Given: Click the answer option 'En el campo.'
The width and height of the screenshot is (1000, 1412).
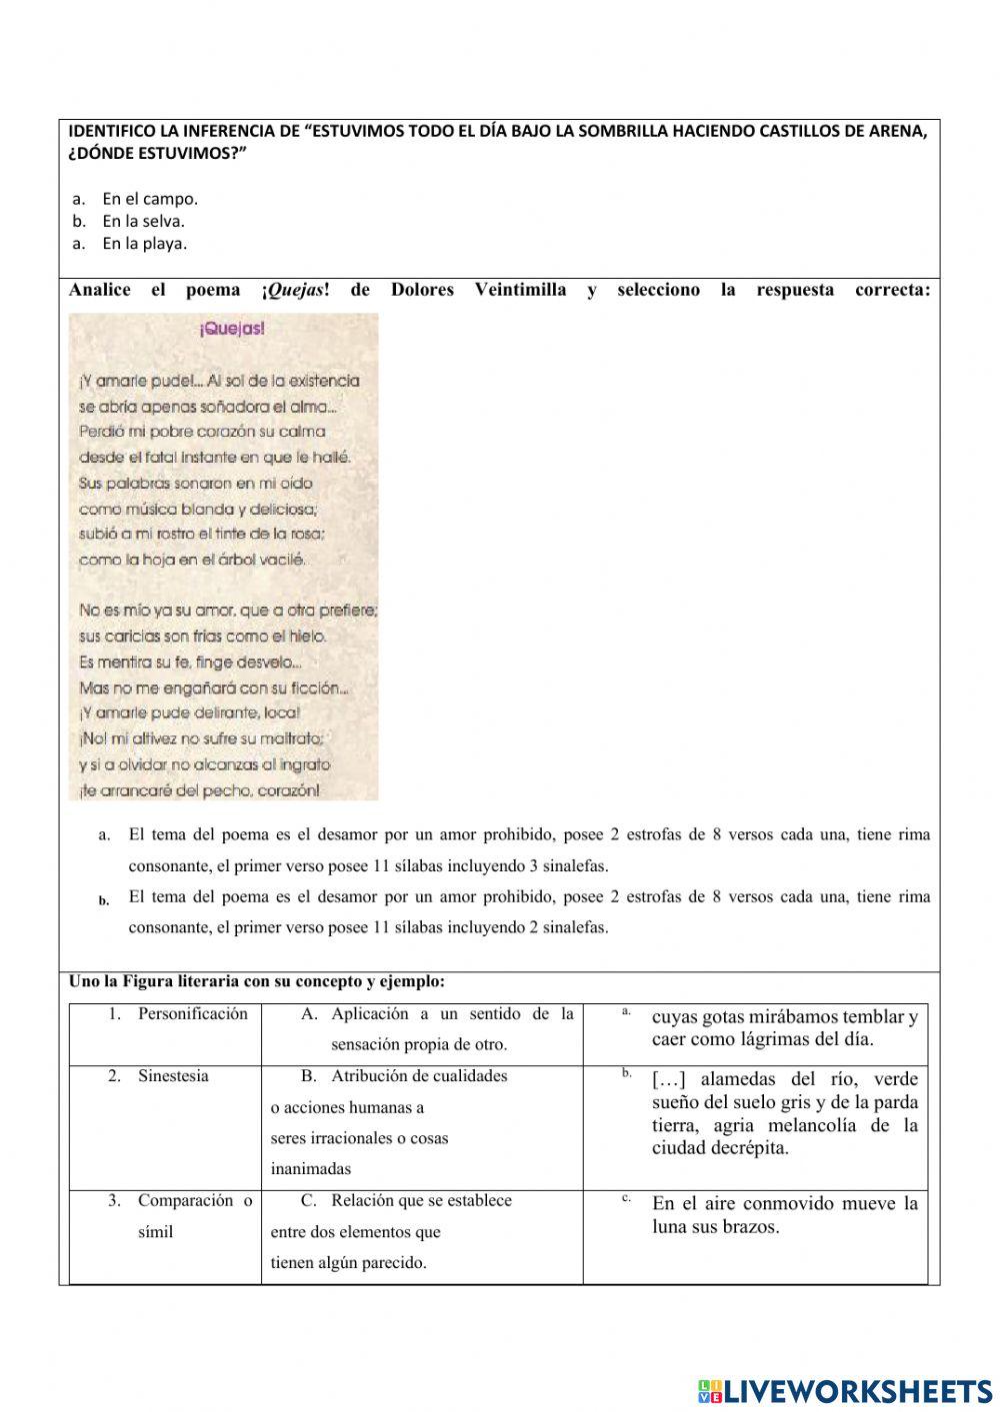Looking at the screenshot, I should pos(150,199).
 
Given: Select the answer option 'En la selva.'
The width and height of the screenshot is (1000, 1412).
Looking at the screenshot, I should pos(143,221).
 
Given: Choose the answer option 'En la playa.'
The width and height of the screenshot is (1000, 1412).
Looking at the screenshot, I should pos(144,243).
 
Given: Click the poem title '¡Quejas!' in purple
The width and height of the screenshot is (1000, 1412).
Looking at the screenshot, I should pos(231,328).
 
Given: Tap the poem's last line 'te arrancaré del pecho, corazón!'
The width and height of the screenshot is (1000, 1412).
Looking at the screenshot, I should pos(200,790).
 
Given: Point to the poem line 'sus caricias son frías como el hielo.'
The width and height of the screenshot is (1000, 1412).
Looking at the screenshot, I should pos(203,636).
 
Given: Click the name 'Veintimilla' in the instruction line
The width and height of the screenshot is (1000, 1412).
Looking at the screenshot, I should pos(520,290).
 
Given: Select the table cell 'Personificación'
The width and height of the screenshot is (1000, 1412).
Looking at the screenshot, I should pos(192,1014).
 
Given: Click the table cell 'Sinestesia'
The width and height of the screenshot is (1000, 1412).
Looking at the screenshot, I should pos(173,1076).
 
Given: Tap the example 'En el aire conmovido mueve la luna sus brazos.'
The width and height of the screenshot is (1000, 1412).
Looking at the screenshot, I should pos(784,1215).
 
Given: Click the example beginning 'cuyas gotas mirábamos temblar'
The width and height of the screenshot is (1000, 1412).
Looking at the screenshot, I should pos(784,1027).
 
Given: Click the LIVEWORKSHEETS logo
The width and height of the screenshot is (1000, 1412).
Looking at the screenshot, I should pos(845,1389).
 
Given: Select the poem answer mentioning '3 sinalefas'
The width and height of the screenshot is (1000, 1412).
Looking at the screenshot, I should pos(529,849).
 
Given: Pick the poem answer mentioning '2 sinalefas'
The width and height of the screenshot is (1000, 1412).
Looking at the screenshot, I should pos(529,911).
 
